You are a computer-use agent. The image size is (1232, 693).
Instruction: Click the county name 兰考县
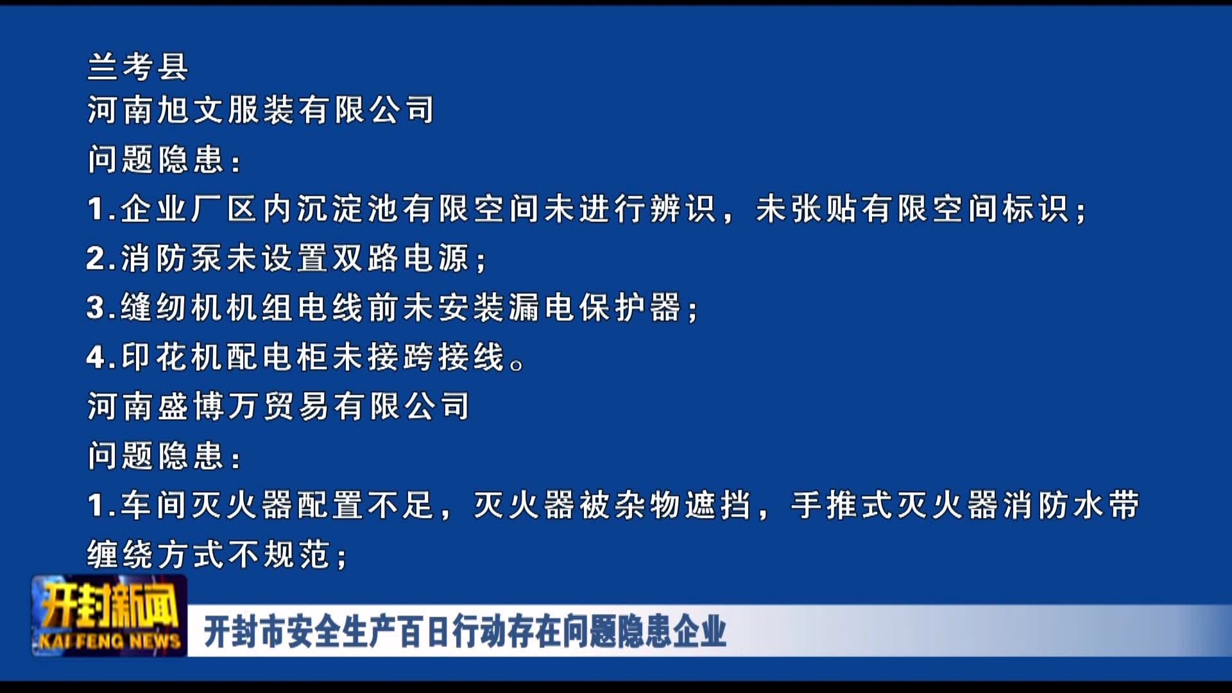[x=137, y=66]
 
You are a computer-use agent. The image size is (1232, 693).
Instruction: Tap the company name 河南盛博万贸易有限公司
[x=278, y=406]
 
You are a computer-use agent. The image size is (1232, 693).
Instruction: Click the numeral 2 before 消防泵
[x=96, y=259]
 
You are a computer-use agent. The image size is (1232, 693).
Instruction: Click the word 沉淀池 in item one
[x=349, y=209]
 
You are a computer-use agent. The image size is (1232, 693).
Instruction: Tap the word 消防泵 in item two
[x=173, y=258]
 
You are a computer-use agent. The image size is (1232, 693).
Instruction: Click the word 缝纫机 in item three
[x=173, y=307]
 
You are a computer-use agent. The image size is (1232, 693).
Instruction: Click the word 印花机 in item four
[x=173, y=357]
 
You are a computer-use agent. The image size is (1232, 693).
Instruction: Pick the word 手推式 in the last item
[x=843, y=505]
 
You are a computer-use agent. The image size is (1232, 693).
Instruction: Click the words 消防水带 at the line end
[x=1071, y=505]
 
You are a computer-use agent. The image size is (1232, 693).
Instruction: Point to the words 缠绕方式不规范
[x=209, y=554]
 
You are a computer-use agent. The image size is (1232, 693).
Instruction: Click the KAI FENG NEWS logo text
[x=110, y=640]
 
